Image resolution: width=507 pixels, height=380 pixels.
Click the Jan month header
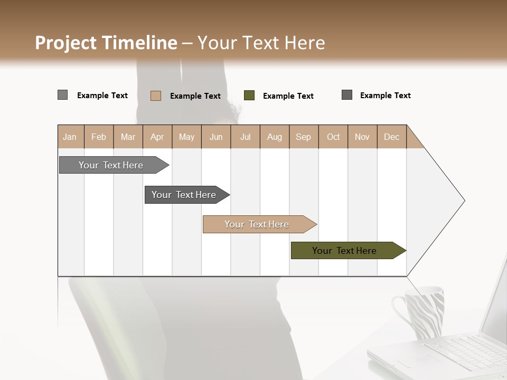pyautogui.click(x=70, y=137)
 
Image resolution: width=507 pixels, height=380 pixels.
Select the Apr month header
pyautogui.click(x=157, y=137)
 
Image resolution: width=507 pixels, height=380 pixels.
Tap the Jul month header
pyautogui.click(x=245, y=137)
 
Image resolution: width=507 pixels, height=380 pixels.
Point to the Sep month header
pyautogui.click(x=304, y=137)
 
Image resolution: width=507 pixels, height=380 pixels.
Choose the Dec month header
pyautogui.click(x=391, y=137)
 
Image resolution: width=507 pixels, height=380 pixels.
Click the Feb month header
pyautogui.click(x=99, y=137)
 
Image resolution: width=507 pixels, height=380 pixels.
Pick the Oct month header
pyautogui.click(x=333, y=137)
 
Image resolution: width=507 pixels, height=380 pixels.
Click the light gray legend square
pyautogui.click(x=62, y=95)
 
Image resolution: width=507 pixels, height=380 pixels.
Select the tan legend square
pyautogui.click(x=155, y=96)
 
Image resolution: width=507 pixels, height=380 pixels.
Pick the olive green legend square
pyautogui.click(x=249, y=96)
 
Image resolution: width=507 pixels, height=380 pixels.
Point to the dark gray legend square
pyautogui.click(x=347, y=95)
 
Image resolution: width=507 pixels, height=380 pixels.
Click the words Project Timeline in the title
pyautogui.click(x=106, y=43)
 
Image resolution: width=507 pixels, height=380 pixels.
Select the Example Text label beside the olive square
pyautogui.click(x=288, y=96)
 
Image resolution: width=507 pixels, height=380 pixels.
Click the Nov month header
pyautogui.click(x=362, y=137)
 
